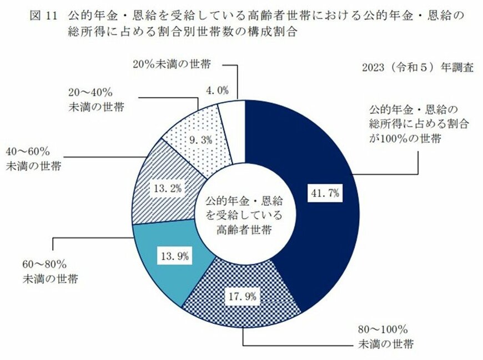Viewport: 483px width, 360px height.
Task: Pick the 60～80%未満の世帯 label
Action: pyautogui.click(x=49, y=271)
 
